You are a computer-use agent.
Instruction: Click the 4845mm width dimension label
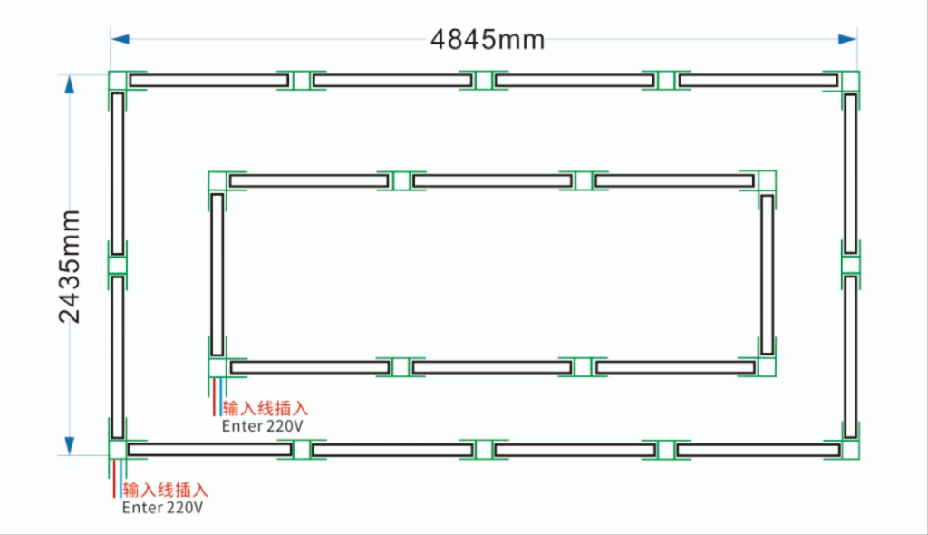point(487,40)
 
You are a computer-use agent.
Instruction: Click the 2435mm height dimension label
point(69,266)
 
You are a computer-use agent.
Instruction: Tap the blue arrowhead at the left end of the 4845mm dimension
point(121,39)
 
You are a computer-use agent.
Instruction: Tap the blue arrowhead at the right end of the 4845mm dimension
point(847,39)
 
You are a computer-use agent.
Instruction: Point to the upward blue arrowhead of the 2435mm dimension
point(69,84)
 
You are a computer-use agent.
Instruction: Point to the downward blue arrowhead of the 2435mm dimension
point(69,445)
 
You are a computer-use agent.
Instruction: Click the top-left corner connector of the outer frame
point(117,80)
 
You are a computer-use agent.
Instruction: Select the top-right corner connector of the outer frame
point(850,81)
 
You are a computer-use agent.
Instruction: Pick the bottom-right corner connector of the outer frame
point(850,450)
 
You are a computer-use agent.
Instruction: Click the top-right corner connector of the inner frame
point(767,180)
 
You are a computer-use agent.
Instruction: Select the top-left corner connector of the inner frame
point(217,180)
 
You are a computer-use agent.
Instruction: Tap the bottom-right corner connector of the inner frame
point(767,367)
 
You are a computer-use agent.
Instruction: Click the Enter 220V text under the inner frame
point(262,426)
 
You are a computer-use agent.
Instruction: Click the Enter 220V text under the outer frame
point(162,508)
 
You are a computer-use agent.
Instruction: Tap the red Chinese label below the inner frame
point(266,408)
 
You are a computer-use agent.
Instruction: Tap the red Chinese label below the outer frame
point(165,490)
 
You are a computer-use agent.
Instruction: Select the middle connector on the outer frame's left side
point(117,266)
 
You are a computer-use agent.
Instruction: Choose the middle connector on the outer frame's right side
point(850,265)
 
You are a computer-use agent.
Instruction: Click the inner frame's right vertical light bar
point(767,275)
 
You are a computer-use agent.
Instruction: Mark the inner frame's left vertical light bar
point(217,275)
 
